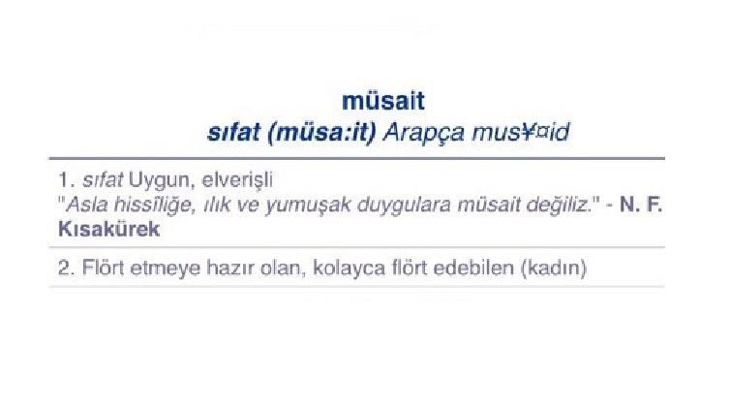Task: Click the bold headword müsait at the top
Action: coord(384,100)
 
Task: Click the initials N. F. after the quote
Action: coord(639,206)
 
